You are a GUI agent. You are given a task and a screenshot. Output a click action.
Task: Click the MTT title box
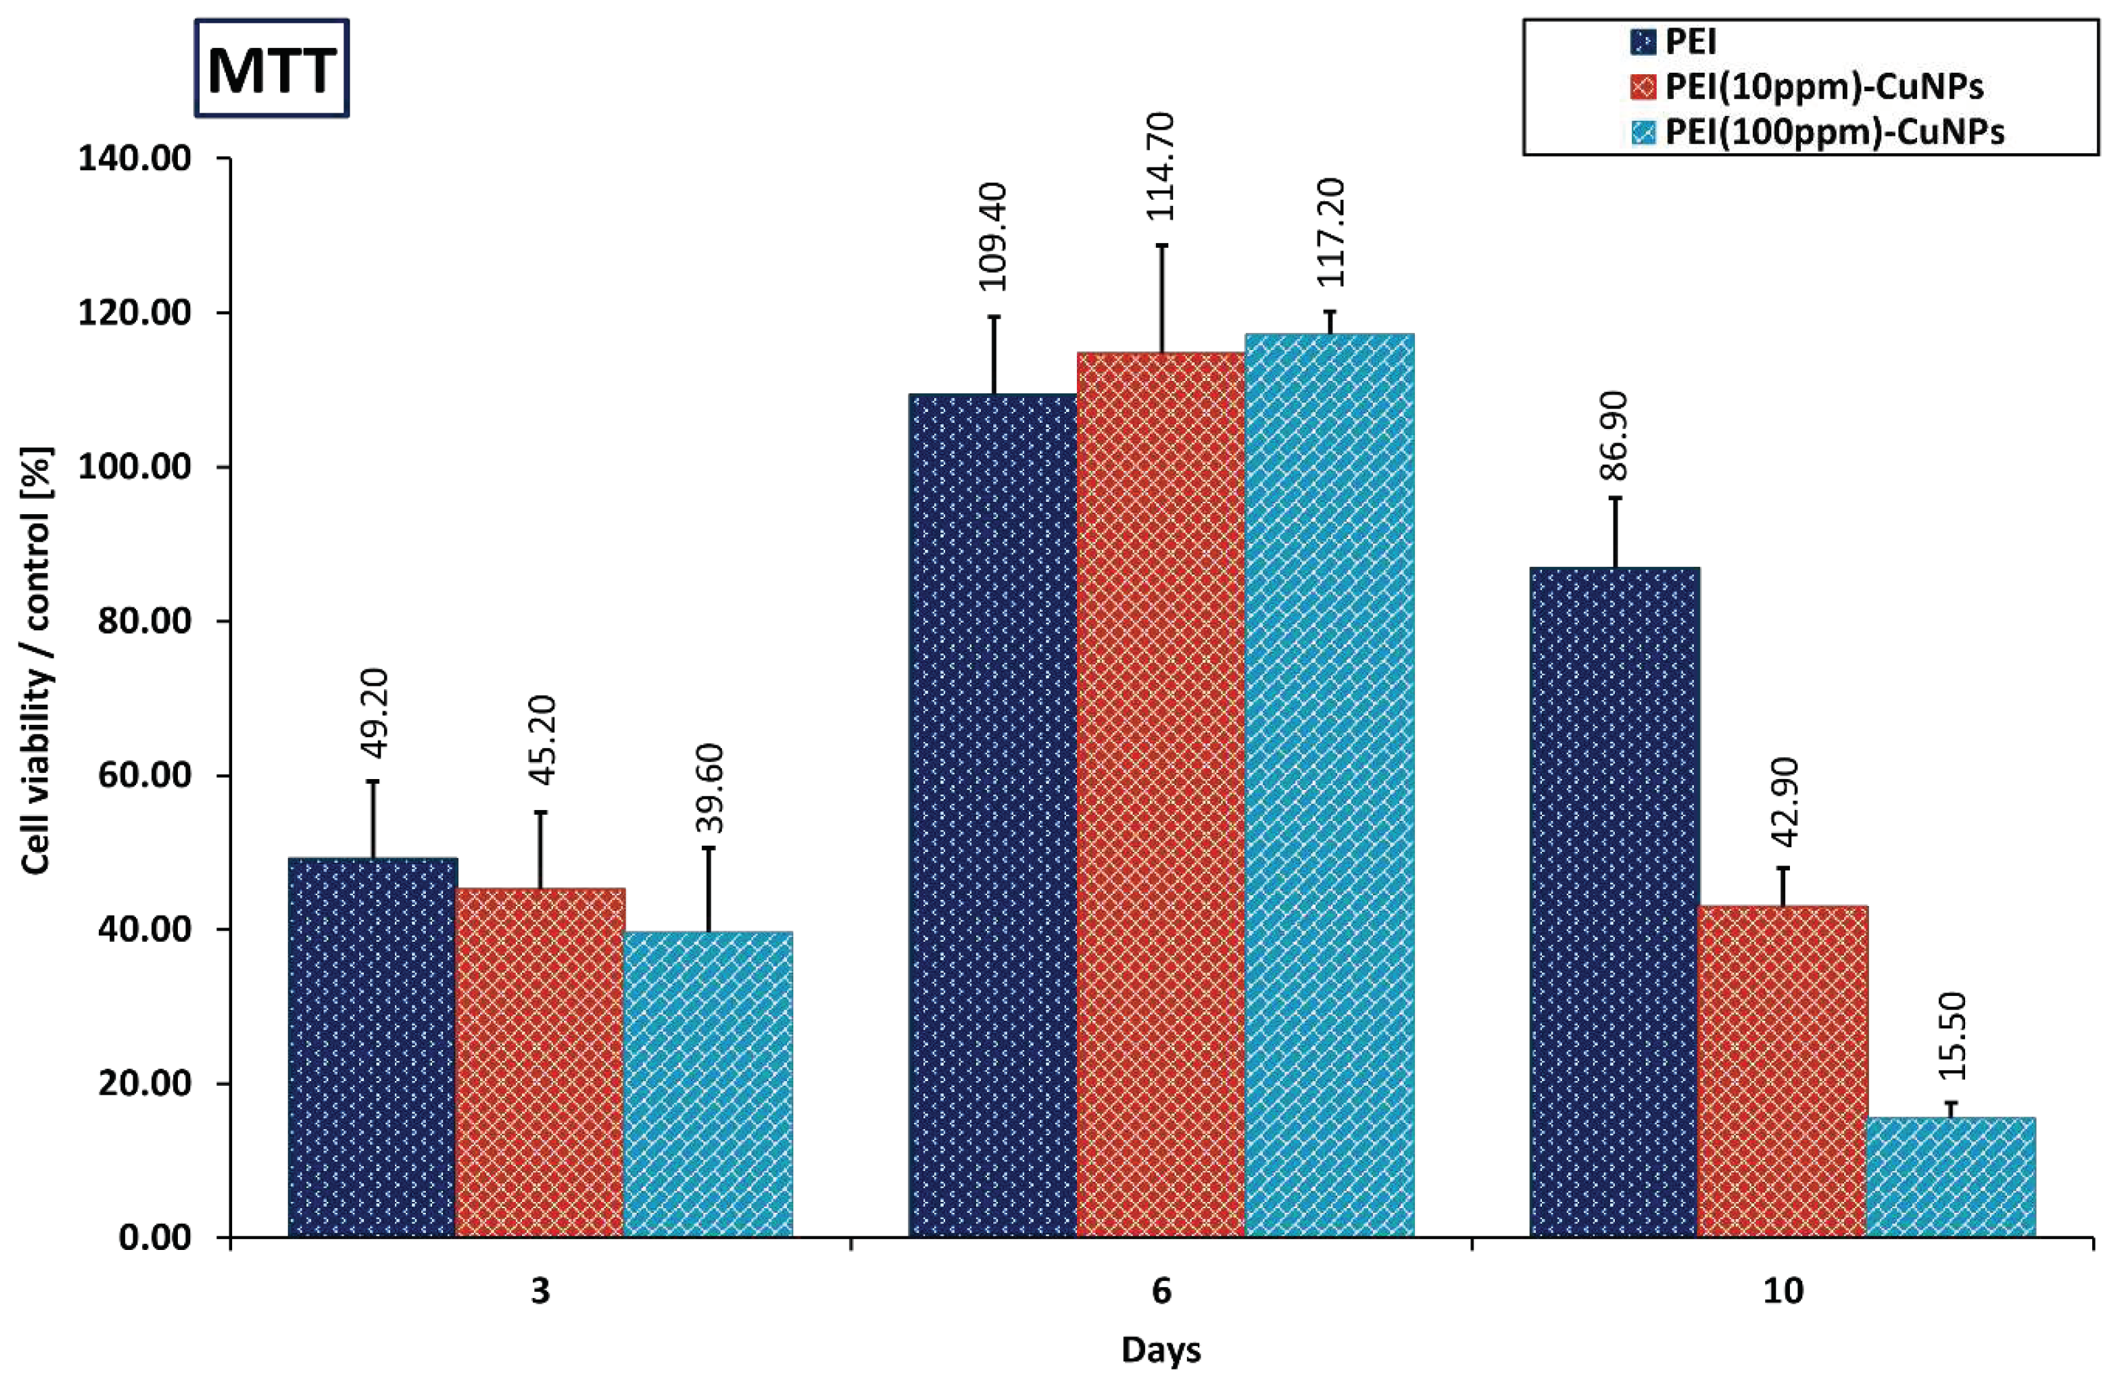coord(271,69)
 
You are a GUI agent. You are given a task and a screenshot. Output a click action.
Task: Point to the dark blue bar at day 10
coord(1615,900)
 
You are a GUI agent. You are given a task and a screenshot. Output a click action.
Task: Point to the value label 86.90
coord(1615,437)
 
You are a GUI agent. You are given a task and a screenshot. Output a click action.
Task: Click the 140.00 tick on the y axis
coord(135,159)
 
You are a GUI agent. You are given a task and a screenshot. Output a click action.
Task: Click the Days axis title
coord(1161,1349)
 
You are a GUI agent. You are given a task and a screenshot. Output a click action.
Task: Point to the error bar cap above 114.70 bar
coord(1162,245)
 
